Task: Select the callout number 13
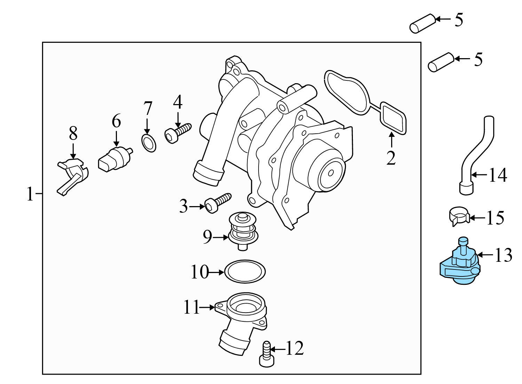point(503,256)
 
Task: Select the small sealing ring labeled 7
point(149,144)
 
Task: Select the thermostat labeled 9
point(243,230)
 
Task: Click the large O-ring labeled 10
point(245,271)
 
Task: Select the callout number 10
point(199,272)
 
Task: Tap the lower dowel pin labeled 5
point(441,62)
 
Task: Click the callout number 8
point(73,133)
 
